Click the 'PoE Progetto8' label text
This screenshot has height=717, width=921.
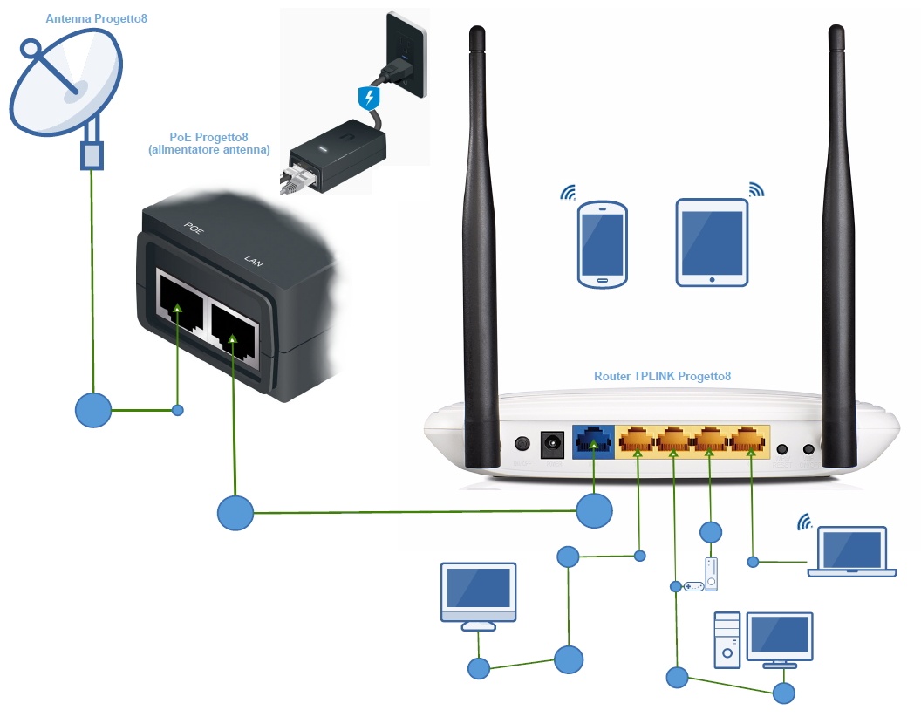point(209,137)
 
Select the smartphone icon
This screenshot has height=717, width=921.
point(602,245)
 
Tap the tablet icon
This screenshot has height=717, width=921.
point(712,242)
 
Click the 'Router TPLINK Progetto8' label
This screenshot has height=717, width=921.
point(662,376)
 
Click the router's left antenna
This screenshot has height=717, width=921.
point(478,244)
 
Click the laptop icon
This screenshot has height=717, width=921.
point(851,551)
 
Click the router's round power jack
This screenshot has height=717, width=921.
point(551,443)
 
